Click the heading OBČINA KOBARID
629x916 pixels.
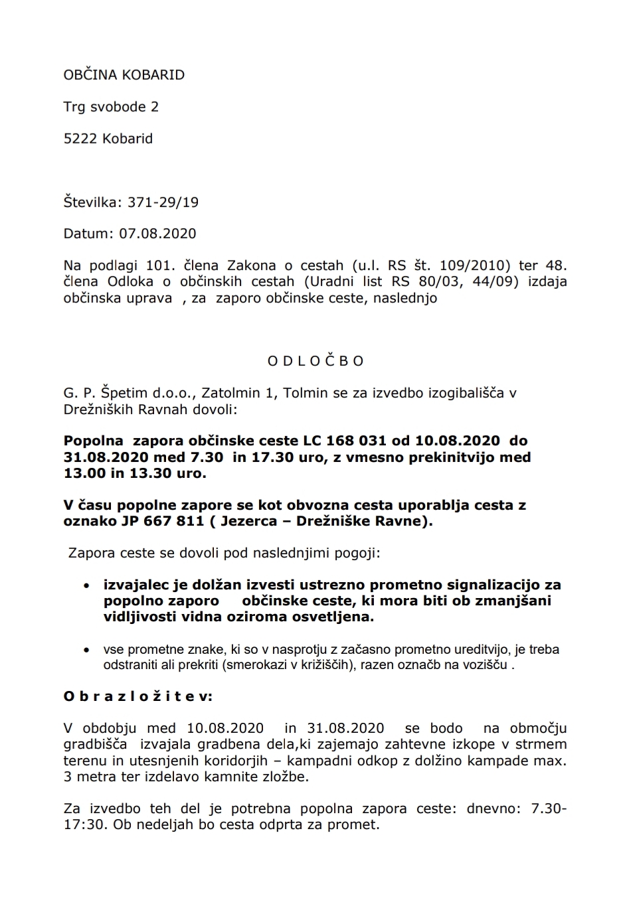pyautogui.click(x=124, y=75)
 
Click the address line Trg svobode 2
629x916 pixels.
pyautogui.click(x=111, y=107)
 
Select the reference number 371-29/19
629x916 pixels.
pyautogui.click(x=163, y=202)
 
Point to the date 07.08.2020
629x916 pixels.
pyautogui.click(x=157, y=234)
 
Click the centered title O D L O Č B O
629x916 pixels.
pyautogui.click(x=315, y=361)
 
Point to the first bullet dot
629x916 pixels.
pyautogui.click(x=86, y=586)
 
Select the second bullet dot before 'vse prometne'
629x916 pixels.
pyautogui.click(x=86, y=650)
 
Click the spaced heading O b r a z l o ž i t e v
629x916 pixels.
pyautogui.click(x=138, y=696)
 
